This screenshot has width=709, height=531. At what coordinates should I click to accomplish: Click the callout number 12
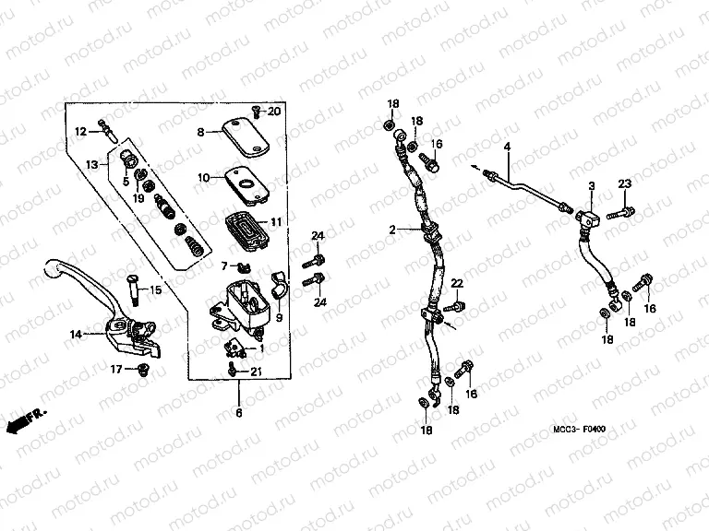pyautogui.click(x=80, y=132)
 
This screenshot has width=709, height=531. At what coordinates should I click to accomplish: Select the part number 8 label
pyautogui.click(x=199, y=132)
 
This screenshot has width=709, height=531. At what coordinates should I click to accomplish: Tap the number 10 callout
pyautogui.click(x=203, y=175)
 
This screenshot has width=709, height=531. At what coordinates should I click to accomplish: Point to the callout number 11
pyautogui.click(x=275, y=222)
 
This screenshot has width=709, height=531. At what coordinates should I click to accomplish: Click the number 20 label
pyautogui.click(x=274, y=112)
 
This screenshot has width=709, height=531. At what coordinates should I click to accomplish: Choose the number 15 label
pyautogui.click(x=155, y=290)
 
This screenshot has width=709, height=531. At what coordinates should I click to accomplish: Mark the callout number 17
pyautogui.click(x=117, y=370)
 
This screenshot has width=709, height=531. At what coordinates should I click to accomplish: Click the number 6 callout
pyautogui.click(x=238, y=414)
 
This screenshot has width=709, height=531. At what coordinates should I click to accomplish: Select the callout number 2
pyautogui.click(x=391, y=230)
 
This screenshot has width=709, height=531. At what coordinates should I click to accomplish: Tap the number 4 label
pyautogui.click(x=506, y=147)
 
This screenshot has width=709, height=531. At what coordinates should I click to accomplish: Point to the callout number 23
pyautogui.click(x=624, y=184)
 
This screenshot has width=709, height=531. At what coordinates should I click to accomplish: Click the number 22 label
pyautogui.click(x=456, y=282)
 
